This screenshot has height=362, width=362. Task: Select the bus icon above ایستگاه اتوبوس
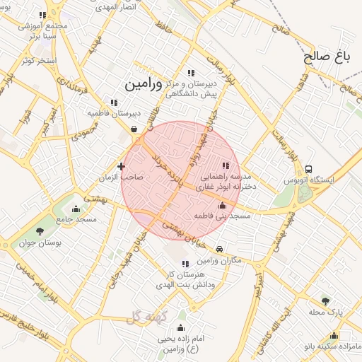click(309, 169)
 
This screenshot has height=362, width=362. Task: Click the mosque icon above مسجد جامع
click(76, 209)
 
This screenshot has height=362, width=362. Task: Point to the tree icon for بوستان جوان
click(40, 230)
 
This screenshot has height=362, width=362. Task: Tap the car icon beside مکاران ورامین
click(221, 249)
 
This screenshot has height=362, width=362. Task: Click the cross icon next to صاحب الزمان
click(122, 167)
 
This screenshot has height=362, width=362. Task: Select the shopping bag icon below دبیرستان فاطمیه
click(134, 129)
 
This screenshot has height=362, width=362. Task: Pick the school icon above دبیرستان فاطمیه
click(115, 103)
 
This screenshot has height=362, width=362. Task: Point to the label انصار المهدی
click(111, 4)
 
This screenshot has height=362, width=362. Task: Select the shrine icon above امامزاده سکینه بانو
click(334, 336)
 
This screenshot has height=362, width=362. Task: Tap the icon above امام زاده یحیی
click(180, 327)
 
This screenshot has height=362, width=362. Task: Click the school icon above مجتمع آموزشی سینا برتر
click(43, 15)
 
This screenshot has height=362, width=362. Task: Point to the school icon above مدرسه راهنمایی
click(226, 165)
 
